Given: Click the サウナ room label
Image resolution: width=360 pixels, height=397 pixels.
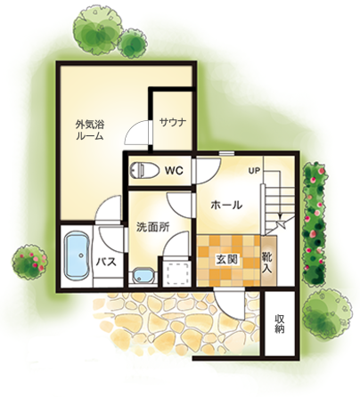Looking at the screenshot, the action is [x=173, y=122].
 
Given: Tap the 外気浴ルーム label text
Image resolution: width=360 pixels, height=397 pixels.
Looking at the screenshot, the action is [x=90, y=130].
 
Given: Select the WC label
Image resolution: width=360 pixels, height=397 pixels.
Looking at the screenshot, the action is [x=174, y=171].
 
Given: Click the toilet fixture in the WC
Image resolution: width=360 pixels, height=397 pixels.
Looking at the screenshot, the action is [x=141, y=170].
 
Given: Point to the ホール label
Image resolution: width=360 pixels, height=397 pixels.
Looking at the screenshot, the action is [x=226, y=205].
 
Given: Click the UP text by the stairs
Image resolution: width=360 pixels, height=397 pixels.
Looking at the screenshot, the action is [x=254, y=171].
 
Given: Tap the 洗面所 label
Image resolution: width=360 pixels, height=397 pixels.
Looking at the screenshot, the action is [x=152, y=227].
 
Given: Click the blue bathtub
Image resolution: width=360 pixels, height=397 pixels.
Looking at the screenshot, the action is [x=77, y=255].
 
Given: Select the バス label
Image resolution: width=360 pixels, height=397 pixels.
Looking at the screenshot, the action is [x=106, y=263].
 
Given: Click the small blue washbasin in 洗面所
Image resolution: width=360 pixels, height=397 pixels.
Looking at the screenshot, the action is [x=143, y=276].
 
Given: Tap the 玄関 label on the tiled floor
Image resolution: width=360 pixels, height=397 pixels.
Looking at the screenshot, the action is [x=226, y=260].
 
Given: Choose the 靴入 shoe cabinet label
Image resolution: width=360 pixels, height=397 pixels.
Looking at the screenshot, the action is [x=267, y=263].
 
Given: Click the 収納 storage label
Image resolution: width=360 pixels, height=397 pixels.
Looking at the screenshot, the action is [x=279, y=323].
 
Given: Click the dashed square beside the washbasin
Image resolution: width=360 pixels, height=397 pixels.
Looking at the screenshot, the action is [x=177, y=274].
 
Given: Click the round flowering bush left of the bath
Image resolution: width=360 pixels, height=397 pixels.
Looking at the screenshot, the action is [x=29, y=262].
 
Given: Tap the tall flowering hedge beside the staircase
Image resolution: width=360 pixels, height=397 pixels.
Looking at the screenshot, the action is [x=315, y=224].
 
